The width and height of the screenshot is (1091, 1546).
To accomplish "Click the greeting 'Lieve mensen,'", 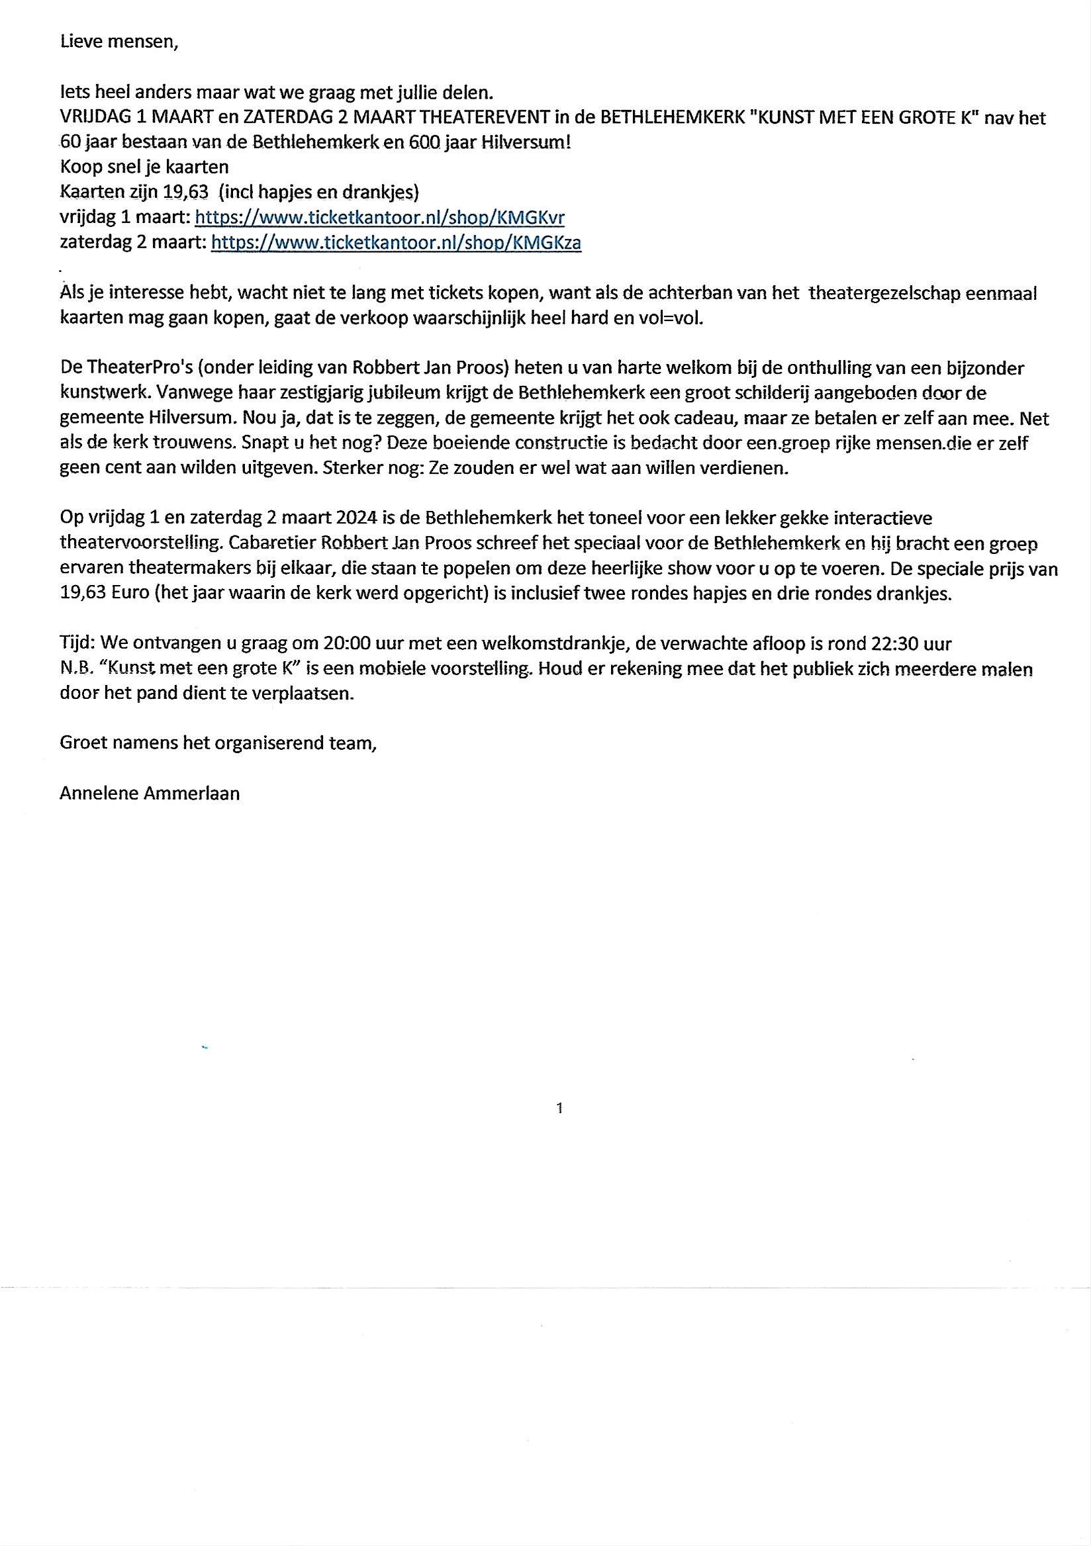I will point(119,42).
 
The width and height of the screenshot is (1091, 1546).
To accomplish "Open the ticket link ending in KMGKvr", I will point(379,218).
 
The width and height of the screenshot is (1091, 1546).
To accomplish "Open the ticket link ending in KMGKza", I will point(395,242).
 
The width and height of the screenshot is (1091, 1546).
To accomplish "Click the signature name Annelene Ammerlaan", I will point(150,794).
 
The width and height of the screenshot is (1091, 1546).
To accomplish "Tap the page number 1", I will point(559,1109).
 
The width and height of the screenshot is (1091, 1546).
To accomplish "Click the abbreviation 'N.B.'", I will point(75,668).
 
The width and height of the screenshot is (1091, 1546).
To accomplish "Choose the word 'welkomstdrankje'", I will point(543,643).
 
